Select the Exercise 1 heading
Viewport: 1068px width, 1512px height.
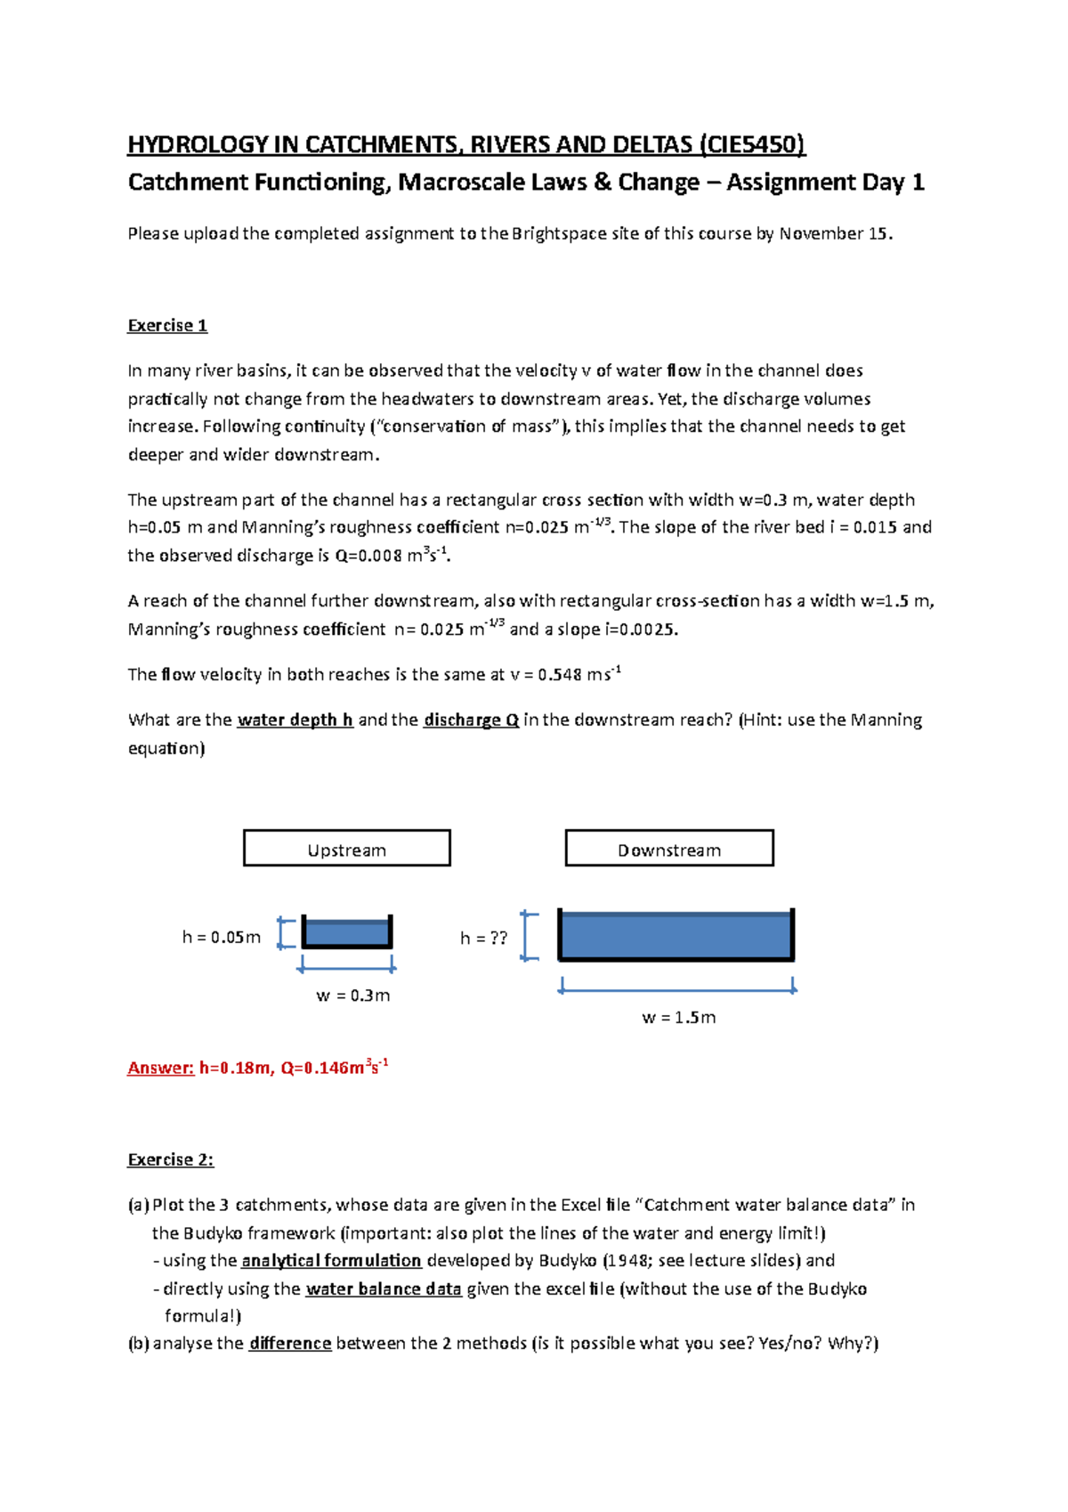coord(167,326)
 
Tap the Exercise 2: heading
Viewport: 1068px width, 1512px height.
coord(170,1159)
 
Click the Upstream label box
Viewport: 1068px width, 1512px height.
coord(347,849)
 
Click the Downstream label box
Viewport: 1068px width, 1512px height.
coord(669,849)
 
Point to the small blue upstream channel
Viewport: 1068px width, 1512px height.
coord(347,932)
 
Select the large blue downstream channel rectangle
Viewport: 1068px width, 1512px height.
coord(676,935)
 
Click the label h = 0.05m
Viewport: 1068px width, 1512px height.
coord(222,937)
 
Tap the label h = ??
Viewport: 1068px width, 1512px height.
coord(483,938)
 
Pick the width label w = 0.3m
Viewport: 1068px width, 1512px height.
coord(353,996)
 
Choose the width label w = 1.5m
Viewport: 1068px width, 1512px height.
coord(678,1017)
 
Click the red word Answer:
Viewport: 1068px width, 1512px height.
coord(160,1068)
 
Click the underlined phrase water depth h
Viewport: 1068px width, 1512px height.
coord(295,719)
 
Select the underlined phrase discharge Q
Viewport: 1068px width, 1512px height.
coord(471,719)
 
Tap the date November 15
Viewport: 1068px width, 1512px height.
coord(835,234)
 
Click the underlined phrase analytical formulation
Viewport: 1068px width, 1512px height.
coord(331,1260)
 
